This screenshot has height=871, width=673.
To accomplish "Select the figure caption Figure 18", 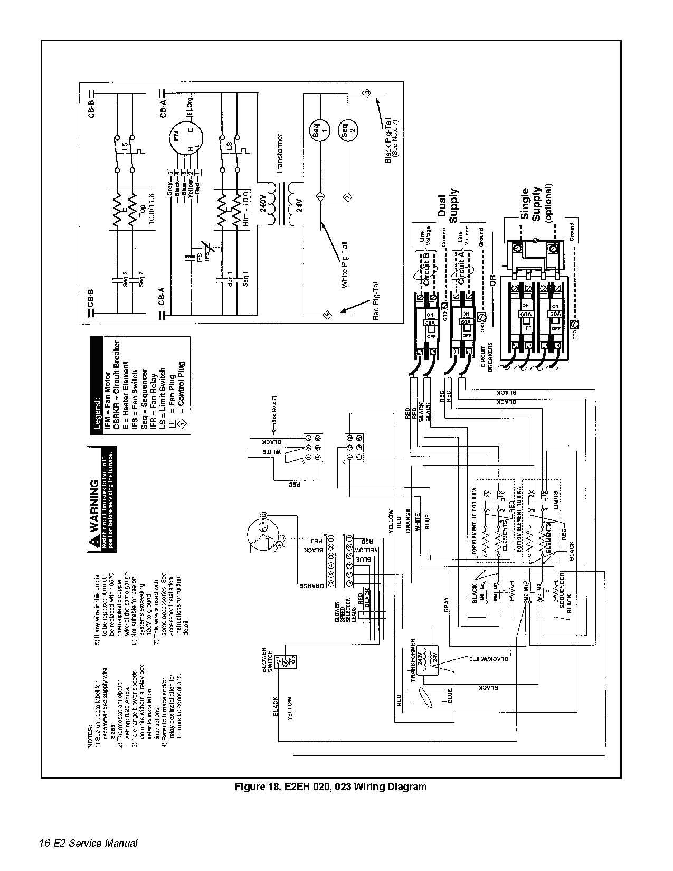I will click(x=330, y=787).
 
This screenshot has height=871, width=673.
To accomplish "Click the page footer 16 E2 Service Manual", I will click(x=88, y=843).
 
